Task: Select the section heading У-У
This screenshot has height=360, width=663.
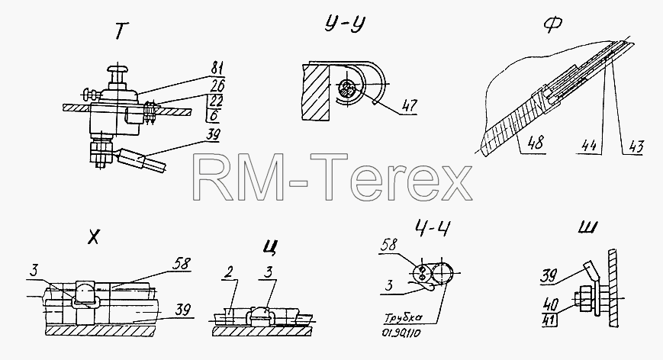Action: [345, 24]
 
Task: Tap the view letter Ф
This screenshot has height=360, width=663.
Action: [552, 26]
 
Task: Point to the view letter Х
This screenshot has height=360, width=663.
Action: [93, 237]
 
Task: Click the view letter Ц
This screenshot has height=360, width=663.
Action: [270, 246]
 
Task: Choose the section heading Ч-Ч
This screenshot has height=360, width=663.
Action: [432, 228]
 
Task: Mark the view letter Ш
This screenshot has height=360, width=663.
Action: [587, 227]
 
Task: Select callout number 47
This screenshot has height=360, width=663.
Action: [409, 105]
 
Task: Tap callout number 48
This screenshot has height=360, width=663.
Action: [536, 143]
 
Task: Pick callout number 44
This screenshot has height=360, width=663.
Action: [588, 146]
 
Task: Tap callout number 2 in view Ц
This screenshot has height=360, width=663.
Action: [229, 272]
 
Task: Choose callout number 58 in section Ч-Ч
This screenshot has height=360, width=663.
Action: [389, 244]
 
